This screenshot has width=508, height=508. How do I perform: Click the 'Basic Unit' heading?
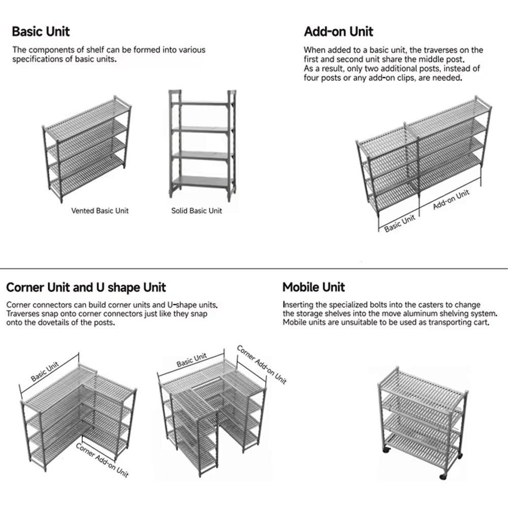(x=41, y=31)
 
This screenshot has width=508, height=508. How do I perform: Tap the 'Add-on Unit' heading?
(x=338, y=31)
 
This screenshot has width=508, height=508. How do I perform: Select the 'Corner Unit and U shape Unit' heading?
(x=86, y=288)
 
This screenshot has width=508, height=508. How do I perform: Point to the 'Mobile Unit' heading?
(x=313, y=288)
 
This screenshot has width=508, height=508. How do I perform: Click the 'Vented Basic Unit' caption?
(x=100, y=210)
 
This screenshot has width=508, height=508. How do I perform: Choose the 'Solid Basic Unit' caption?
(x=197, y=210)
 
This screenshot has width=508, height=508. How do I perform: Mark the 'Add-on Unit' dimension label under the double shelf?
(x=451, y=200)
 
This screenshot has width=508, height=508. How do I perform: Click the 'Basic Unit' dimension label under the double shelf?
(x=399, y=223)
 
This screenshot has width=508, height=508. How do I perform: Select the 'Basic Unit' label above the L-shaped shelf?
(x=45, y=371)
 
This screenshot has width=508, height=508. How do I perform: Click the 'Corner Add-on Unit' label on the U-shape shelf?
(x=262, y=364)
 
